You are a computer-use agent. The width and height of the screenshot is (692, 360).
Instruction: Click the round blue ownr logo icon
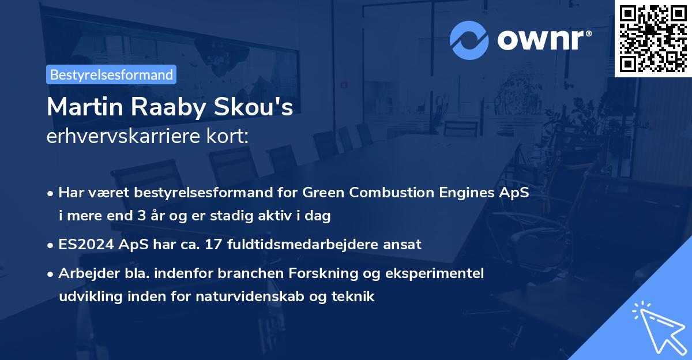point(469,40)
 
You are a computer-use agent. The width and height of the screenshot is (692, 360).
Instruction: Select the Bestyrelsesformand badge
point(111,74)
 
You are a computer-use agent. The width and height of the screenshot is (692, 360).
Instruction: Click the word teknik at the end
point(356,297)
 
